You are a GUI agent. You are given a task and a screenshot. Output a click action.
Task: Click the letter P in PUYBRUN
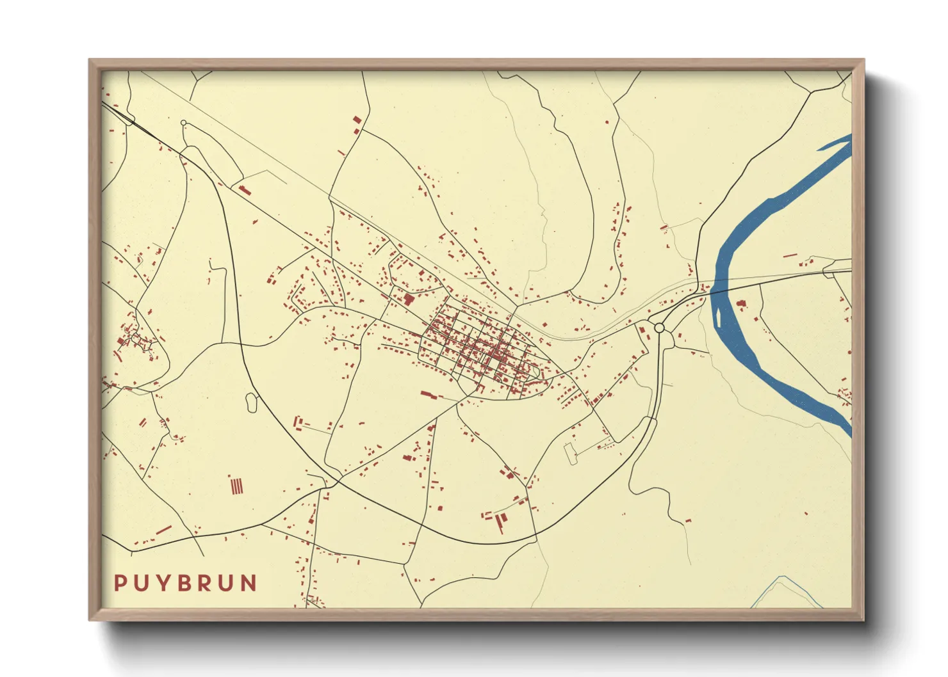pos(120,583)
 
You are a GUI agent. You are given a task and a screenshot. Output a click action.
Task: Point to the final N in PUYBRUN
pos(249,583)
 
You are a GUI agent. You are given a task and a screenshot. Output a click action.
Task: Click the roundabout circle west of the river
pos(659,328)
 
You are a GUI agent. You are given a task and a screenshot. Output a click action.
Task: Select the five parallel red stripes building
pos(237,486)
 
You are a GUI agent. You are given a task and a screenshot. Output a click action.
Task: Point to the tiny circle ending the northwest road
pos(184,123)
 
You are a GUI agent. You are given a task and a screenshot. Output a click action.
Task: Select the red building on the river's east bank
pos(741,304)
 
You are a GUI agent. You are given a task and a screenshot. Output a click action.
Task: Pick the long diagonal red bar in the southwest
pos(164,530)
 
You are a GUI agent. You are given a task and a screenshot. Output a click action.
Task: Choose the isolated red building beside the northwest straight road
pos(244,189)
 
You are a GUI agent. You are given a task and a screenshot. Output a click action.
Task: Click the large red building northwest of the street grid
pos(409,299)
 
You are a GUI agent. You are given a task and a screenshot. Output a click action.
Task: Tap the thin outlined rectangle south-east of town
pos(569,453)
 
